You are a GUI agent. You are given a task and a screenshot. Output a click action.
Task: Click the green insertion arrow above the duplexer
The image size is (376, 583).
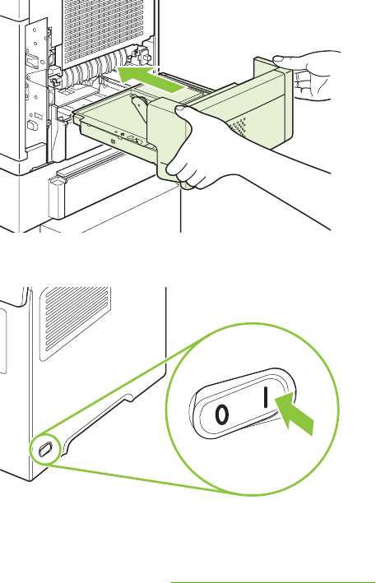pos(151,79)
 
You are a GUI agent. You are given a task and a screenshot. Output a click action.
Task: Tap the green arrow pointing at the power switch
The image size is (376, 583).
pos(295,415)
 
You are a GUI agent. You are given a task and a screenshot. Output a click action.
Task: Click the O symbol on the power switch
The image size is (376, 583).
pos(221,415)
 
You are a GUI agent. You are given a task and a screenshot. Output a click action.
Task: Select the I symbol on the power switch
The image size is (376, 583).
pos(266,397)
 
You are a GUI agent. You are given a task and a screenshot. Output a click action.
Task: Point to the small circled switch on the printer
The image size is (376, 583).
pos(45,450)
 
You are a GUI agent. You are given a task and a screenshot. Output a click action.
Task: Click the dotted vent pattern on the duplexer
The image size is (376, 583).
pos(238,127)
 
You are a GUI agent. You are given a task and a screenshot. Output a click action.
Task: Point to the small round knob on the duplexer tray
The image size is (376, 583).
pos(139,102)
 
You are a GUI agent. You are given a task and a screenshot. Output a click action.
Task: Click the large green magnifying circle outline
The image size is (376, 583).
pos(252,323)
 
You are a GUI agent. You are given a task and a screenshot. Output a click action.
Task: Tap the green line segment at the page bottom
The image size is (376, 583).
pos(273,582)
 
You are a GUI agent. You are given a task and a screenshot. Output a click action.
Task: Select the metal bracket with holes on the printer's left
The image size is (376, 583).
pos(36,90)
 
